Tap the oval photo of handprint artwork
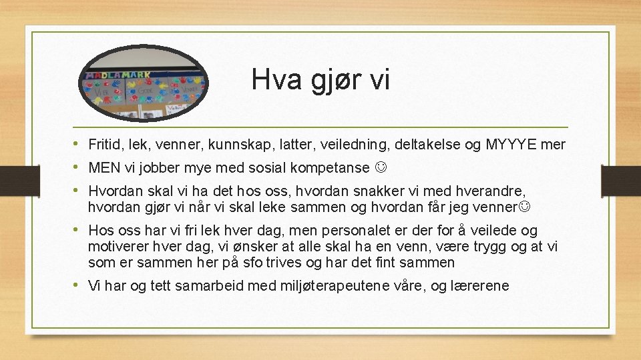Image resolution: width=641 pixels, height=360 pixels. pos(144,83)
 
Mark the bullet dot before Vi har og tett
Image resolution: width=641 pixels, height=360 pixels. pos(78,286)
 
